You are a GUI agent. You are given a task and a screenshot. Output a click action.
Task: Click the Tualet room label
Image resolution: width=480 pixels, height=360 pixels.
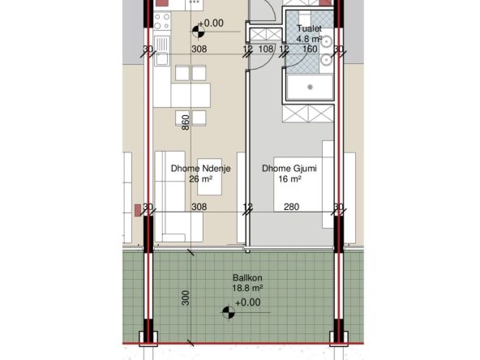tap(309, 28)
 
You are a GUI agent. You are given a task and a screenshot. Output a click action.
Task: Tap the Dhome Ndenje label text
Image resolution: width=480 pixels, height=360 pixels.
tap(200, 169)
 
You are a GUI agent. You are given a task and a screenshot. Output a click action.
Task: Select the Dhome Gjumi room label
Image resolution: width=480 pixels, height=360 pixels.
tap(289, 169)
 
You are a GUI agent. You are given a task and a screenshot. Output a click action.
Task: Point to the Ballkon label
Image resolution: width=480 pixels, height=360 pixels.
tap(247, 278)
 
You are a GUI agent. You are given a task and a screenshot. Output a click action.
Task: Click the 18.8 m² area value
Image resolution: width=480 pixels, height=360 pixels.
tap(248, 288)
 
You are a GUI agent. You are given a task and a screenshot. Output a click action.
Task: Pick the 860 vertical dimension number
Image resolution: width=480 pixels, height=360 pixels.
tap(186, 122)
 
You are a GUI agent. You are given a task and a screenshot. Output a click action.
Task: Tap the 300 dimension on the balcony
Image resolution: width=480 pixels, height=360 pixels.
tap(186, 298)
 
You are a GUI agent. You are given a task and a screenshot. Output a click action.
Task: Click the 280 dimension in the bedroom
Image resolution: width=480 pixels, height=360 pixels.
tap(291, 207)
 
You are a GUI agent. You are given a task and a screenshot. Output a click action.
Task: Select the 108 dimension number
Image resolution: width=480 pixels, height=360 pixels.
tap(266, 49)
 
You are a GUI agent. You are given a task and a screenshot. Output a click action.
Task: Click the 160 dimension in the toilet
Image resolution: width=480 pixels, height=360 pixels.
tap(310, 49)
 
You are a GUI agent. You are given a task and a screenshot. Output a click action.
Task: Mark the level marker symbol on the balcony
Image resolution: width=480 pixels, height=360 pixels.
tap(229, 312)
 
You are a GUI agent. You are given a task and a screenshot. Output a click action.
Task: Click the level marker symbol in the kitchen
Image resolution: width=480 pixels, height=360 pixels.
tap(199, 32)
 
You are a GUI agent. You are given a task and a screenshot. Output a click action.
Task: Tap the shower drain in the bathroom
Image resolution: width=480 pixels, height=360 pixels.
tap(310, 88)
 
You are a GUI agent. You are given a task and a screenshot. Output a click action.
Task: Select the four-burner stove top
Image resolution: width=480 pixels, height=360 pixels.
tap(161, 21)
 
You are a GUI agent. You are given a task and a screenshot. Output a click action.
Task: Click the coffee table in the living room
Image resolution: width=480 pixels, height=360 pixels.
tap(210, 177)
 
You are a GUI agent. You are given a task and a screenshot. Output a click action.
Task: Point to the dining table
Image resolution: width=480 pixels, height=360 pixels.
tap(191, 95)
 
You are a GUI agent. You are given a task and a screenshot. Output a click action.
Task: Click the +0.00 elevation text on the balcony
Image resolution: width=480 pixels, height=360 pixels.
tap(247, 302)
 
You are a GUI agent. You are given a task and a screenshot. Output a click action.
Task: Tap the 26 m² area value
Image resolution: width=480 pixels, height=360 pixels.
tap(201, 178)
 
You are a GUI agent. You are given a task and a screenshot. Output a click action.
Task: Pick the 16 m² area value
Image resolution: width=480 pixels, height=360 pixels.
tap(289, 178)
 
